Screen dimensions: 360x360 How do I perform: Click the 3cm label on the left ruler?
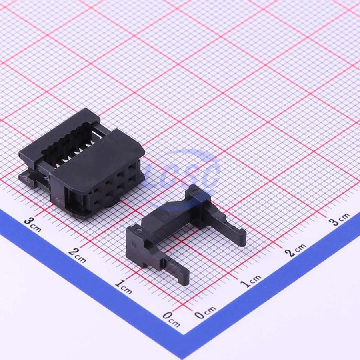(x=33, y=224)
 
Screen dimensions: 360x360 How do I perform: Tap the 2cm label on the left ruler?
(x=77, y=255)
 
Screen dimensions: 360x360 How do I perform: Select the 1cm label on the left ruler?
(x=124, y=287)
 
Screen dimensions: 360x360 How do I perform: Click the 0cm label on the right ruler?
(x=205, y=312)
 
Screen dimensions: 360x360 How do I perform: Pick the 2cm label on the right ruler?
(x=295, y=250)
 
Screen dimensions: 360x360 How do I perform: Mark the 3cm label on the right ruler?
(x=339, y=219)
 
